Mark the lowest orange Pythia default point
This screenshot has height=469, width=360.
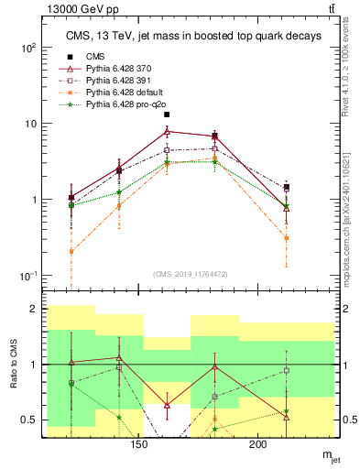(x=71, y=251)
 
